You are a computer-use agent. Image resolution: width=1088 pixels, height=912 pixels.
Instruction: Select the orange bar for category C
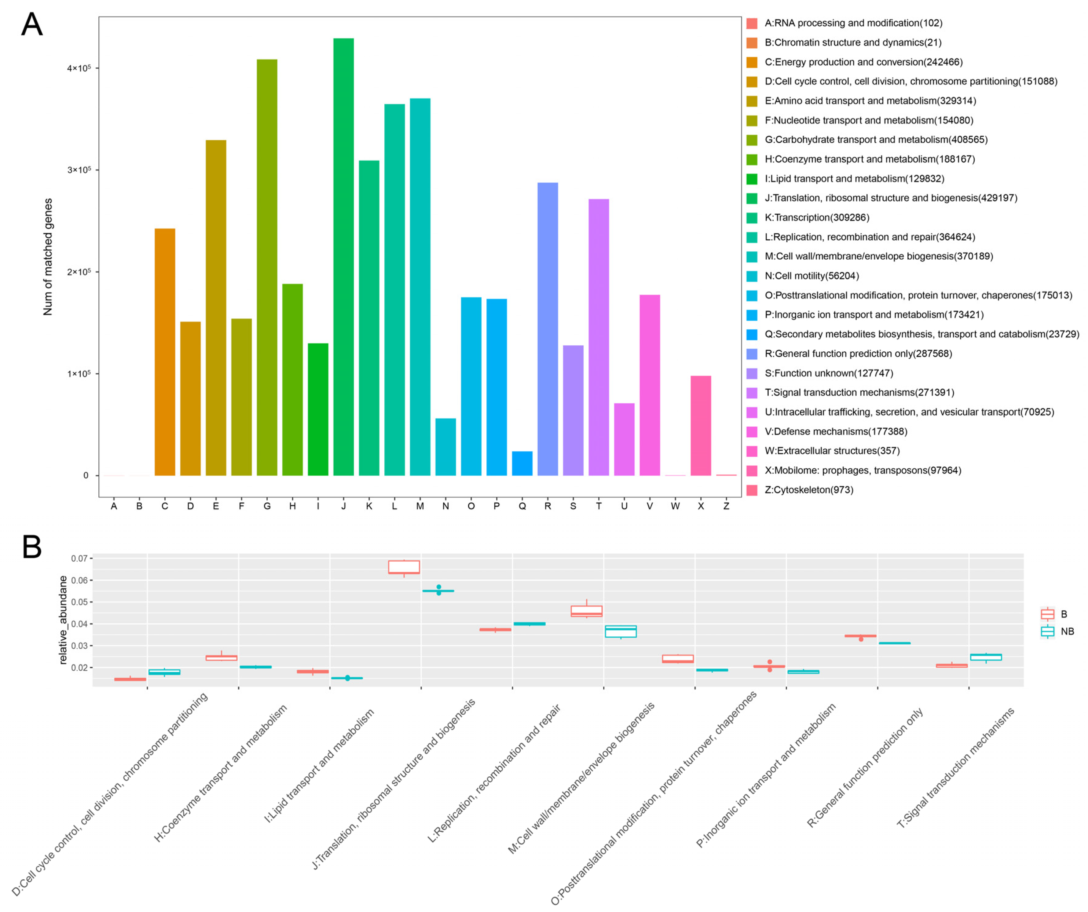165,352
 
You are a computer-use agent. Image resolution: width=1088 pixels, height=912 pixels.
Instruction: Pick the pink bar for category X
701,425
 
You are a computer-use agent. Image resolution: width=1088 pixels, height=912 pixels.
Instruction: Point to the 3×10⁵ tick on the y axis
79,170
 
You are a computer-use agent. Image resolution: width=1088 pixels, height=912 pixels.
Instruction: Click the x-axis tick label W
675,506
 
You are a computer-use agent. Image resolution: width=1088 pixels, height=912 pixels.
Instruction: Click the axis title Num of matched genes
48,257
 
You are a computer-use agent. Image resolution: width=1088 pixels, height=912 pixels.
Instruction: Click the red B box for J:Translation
404,567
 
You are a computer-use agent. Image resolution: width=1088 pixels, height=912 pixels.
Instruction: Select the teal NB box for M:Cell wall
621,631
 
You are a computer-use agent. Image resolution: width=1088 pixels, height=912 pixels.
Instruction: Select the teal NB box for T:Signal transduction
986,657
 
